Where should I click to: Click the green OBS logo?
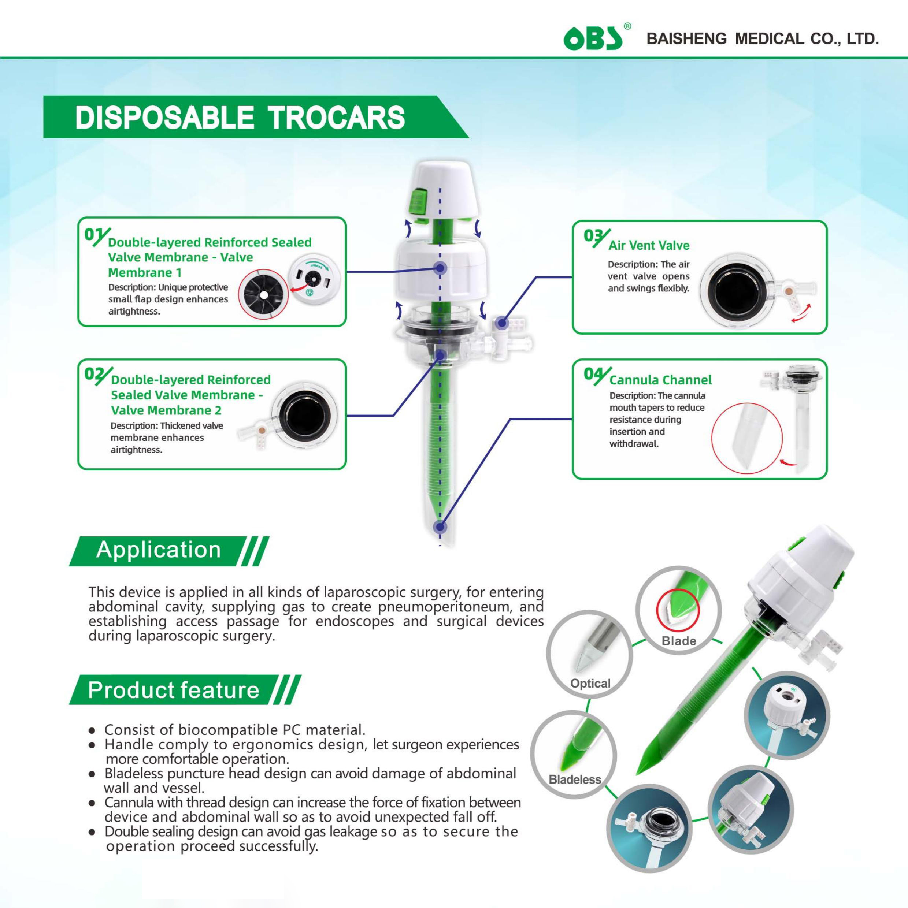pos(593,38)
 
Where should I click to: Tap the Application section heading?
pos(159,550)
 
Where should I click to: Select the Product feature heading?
pos(174,690)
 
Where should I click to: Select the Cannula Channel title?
pos(660,380)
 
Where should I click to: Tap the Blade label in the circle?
pos(679,641)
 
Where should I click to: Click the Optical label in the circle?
pos(590,683)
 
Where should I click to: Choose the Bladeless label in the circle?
pos(575,780)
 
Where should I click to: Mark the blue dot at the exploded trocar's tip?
pos(440,527)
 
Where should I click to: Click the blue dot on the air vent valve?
pos(502,323)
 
